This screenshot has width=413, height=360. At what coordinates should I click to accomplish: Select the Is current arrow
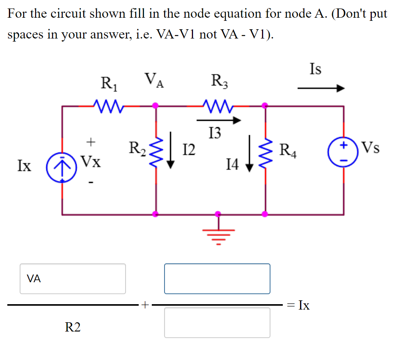(321, 89)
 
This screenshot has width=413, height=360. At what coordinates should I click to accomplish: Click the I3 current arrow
(218, 121)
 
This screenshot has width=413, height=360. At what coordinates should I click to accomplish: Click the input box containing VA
(73, 279)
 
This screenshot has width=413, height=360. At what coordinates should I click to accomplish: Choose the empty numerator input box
(217, 279)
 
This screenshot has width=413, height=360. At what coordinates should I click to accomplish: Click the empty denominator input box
(217, 323)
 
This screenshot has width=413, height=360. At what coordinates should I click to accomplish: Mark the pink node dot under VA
(156, 105)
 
